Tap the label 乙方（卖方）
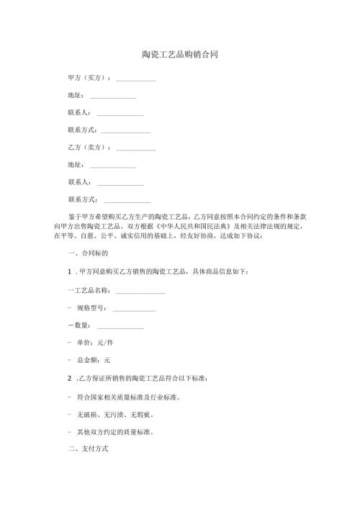pyautogui.click(x=89, y=148)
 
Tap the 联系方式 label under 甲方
pyautogui.click(x=82, y=130)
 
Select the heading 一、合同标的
pyautogui.click(x=87, y=253)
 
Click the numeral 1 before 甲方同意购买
pyautogui.click(x=68, y=271)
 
